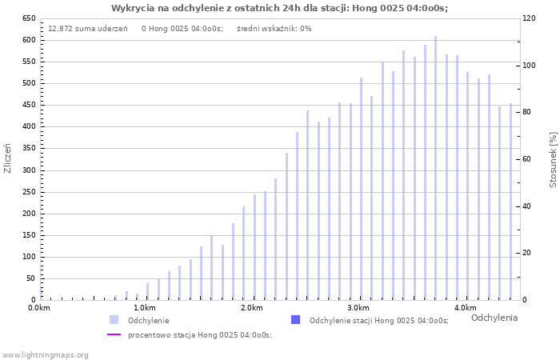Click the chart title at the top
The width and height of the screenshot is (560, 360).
279,8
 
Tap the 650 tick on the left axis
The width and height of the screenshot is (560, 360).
29,18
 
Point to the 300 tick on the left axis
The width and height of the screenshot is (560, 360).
29,170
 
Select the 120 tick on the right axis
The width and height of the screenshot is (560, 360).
528,18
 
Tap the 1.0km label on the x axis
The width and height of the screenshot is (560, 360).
145,308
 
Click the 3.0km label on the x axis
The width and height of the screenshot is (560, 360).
358,308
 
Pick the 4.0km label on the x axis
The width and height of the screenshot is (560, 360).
465,308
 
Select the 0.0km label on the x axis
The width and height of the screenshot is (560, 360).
39,308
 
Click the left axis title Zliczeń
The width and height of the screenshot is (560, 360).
8,158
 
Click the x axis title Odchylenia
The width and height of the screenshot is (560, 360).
494,318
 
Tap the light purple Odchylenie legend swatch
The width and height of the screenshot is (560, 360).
114,320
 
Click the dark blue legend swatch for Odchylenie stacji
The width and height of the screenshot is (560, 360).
295,320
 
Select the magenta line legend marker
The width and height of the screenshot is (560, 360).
114,335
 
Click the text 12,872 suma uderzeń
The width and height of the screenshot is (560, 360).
87,29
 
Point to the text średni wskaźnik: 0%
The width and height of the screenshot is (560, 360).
274,29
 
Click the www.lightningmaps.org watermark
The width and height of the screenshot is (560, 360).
46,354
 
